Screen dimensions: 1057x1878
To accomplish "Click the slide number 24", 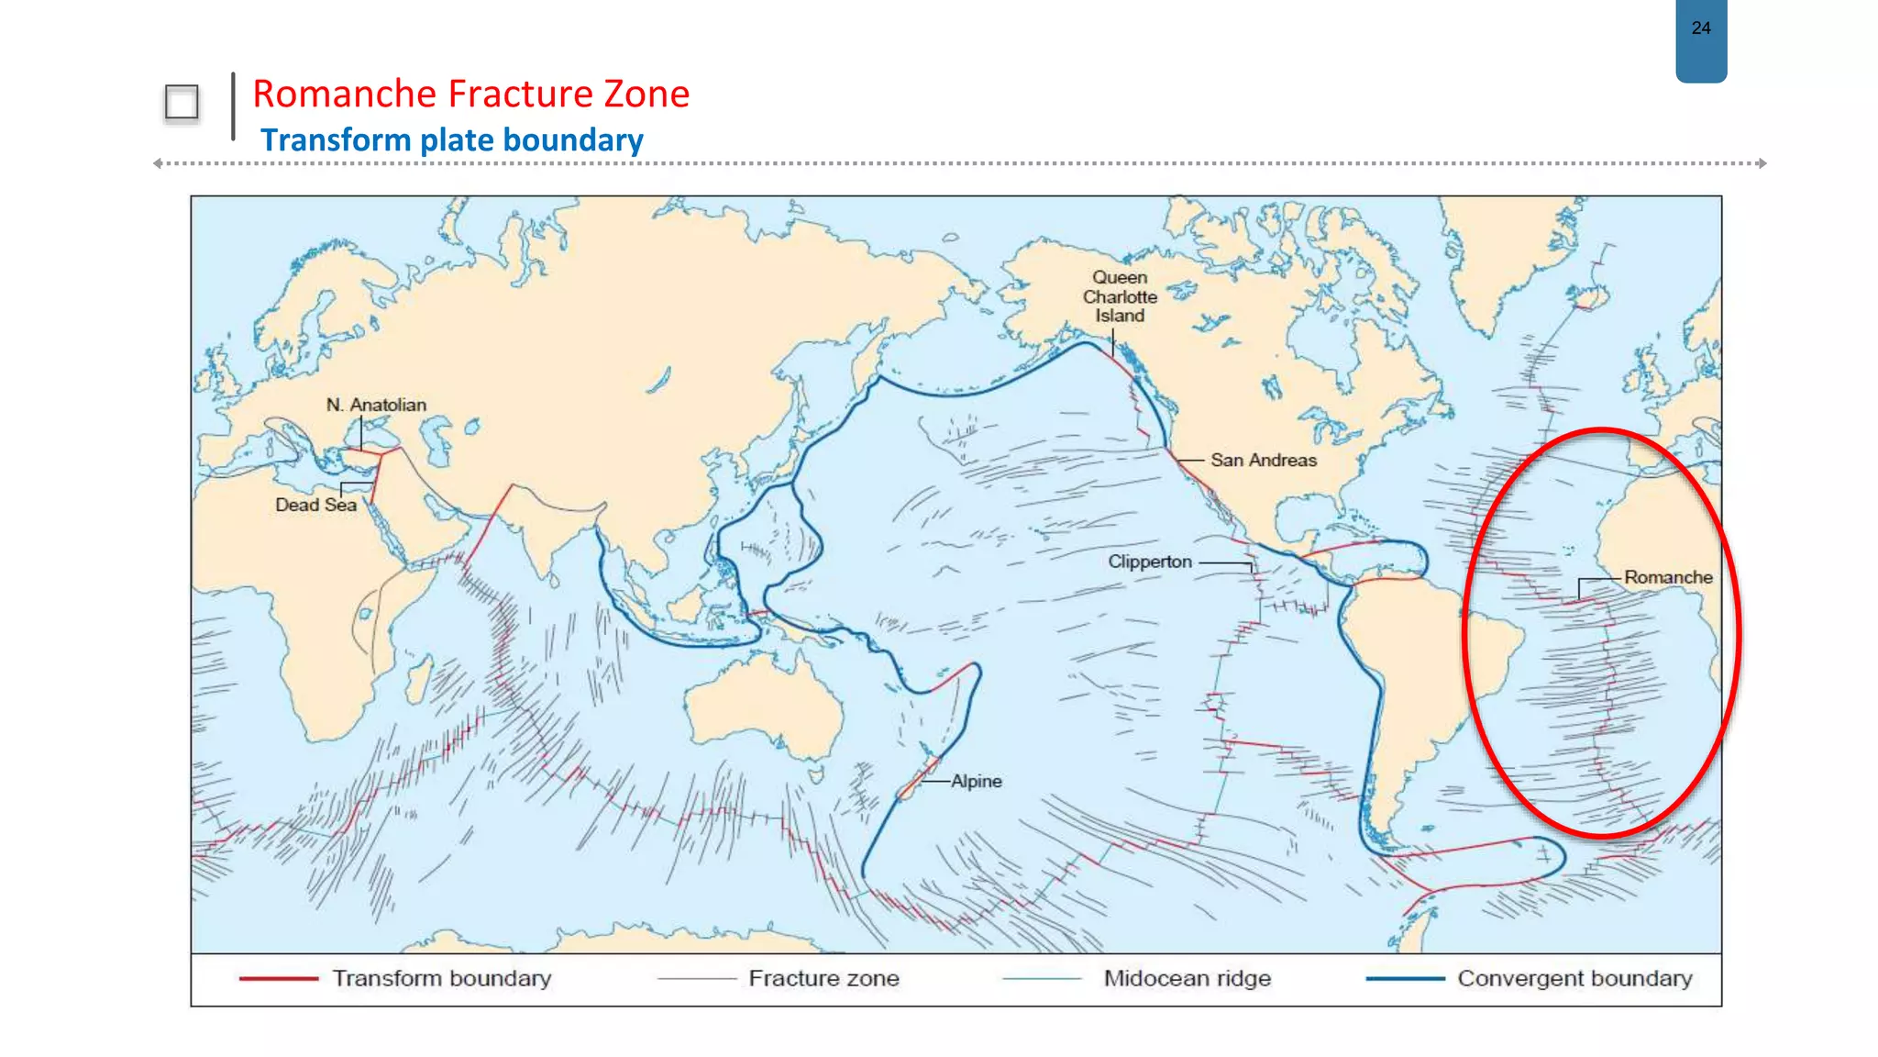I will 1700,28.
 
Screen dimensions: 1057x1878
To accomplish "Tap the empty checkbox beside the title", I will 182,103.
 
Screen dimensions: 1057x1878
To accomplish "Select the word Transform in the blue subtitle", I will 336,140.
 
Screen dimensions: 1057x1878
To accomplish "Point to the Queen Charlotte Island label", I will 1120,296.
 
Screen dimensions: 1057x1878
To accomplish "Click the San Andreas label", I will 1263,461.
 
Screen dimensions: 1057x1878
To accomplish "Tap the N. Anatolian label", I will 376,405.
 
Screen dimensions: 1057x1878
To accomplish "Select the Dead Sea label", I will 315,505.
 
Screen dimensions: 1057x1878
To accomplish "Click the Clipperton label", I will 1149,562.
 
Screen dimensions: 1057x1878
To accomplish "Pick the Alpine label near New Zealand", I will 976,781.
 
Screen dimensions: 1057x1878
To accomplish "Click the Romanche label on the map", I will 1667,577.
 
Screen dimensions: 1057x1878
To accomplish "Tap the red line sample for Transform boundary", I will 278,979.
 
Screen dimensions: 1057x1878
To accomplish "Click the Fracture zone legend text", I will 823,979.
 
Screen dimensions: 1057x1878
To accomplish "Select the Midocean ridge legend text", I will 1187,979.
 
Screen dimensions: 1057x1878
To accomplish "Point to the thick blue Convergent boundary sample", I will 1405,979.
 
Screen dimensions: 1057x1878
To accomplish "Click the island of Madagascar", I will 418,684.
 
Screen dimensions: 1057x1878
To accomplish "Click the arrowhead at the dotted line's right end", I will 1762,163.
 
